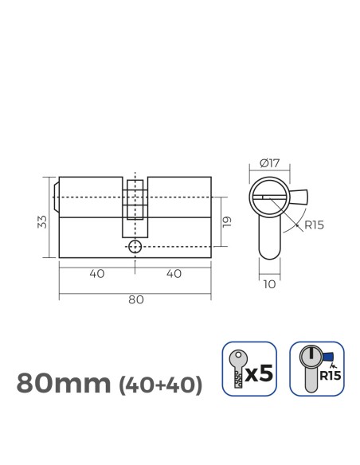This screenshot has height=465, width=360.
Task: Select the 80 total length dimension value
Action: tap(135, 299)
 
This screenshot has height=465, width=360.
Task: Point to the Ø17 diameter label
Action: tap(269, 164)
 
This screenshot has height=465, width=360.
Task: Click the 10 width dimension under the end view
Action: tap(269, 282)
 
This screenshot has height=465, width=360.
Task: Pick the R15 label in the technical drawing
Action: tap(313, 225)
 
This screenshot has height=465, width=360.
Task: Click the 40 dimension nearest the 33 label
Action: tap(97, 274)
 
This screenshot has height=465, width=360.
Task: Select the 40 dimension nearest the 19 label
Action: tap(174, 274)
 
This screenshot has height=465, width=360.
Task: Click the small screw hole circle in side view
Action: tap(135, 247)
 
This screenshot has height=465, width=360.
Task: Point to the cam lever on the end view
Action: tap(301, 197)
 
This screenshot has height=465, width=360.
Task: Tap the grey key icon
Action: tap(237, 368)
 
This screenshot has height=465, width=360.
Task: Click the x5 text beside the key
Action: tap(261, 372)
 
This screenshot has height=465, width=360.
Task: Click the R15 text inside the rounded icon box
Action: tap(327, 372)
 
